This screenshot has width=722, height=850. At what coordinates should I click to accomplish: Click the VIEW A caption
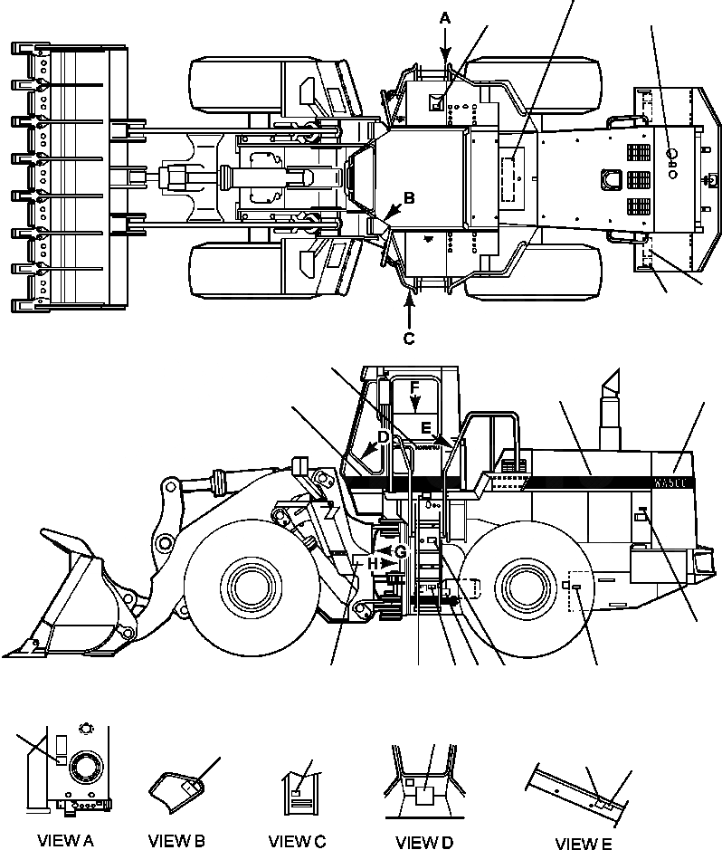tap(64, 841)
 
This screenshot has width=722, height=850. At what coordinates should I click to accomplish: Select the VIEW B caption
tap(176, 841)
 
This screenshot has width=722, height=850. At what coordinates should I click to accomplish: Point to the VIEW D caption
tap(424, 842)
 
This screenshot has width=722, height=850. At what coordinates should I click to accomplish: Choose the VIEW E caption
tap(583, 844)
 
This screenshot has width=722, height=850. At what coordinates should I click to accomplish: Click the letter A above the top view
tap(445, 16)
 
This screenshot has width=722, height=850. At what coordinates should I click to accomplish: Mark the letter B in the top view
tap(409, 196)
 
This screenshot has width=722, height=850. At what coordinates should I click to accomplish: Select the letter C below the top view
tap(409, 339)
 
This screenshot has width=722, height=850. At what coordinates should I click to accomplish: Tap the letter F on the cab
tap(413, 387)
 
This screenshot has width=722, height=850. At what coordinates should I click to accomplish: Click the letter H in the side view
tap(373, 563)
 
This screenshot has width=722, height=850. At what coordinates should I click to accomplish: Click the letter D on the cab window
tap(384, 438)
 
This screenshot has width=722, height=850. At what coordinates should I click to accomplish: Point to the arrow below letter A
tap(445, 45)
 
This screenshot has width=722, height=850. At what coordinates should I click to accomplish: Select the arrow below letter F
tap(413, 407)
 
